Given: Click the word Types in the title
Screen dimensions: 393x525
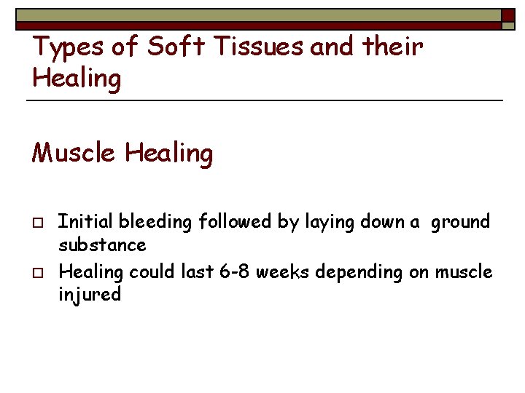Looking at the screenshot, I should (x=65, y=47).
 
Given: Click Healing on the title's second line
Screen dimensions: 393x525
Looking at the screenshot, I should (x=77, y=79).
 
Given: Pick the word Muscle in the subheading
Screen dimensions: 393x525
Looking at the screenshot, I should (x=74, y=153).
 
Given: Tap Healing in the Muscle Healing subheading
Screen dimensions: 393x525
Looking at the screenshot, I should (x=168, y=153).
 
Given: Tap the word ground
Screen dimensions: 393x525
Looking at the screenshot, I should (x=460, y=222).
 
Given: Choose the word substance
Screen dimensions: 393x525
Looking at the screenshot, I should (x=102, y=245).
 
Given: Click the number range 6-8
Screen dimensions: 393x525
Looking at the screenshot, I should (x=234, y=272).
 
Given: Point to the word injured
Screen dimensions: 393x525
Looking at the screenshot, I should (x=90, y=295).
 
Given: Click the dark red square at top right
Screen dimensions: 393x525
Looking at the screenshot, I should (x=508, y=15).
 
